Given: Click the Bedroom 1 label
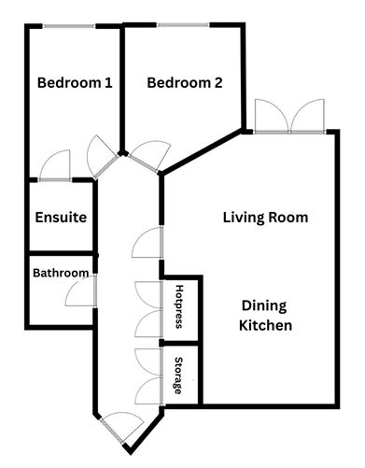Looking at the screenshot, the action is click(75, 83).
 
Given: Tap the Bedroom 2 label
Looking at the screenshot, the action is click(185, 83).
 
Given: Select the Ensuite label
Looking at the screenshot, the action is click(61, 217).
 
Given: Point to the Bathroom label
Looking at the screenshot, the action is click(61, 273).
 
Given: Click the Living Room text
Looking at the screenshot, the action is click(265, 217).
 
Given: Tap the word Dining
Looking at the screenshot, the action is click(264, 306).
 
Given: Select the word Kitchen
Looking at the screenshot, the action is click(265, 325).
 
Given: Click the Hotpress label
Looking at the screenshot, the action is click(179, 306).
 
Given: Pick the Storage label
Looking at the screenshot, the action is click(178, 376).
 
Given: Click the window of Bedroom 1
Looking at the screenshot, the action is click(68, 26).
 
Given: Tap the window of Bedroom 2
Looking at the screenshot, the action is click(183, 25).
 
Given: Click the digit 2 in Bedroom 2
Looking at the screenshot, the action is click(218, 83).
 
